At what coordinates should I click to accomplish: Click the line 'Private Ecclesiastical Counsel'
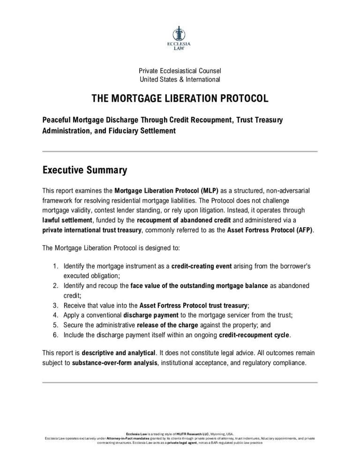[x=180, y=71]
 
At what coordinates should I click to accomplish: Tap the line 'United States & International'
[x=180, y=79]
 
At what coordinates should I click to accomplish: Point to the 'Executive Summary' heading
[x=84, y=170]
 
